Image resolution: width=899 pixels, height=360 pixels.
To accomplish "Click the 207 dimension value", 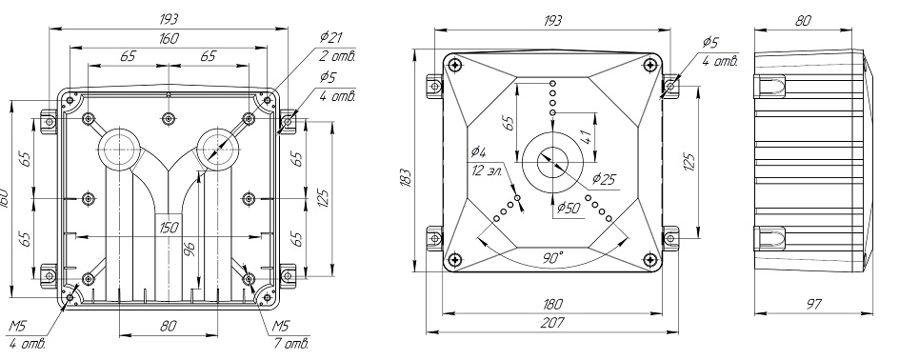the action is [x=551, y=323].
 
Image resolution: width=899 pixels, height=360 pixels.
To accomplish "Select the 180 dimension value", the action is [x=551, y=304].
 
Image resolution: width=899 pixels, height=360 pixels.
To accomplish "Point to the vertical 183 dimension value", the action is [x=406, y=179].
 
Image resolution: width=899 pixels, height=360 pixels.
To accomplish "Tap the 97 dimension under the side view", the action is [x=813, y=304].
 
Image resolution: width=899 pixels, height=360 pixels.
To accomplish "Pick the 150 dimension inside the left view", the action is [x=168, y=228].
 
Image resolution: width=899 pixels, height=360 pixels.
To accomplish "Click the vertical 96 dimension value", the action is [x=190, y=250].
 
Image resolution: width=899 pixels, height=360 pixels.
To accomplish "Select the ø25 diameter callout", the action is [x=603, y=179].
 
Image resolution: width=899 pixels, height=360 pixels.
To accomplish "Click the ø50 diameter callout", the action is [x=569, y=208].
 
